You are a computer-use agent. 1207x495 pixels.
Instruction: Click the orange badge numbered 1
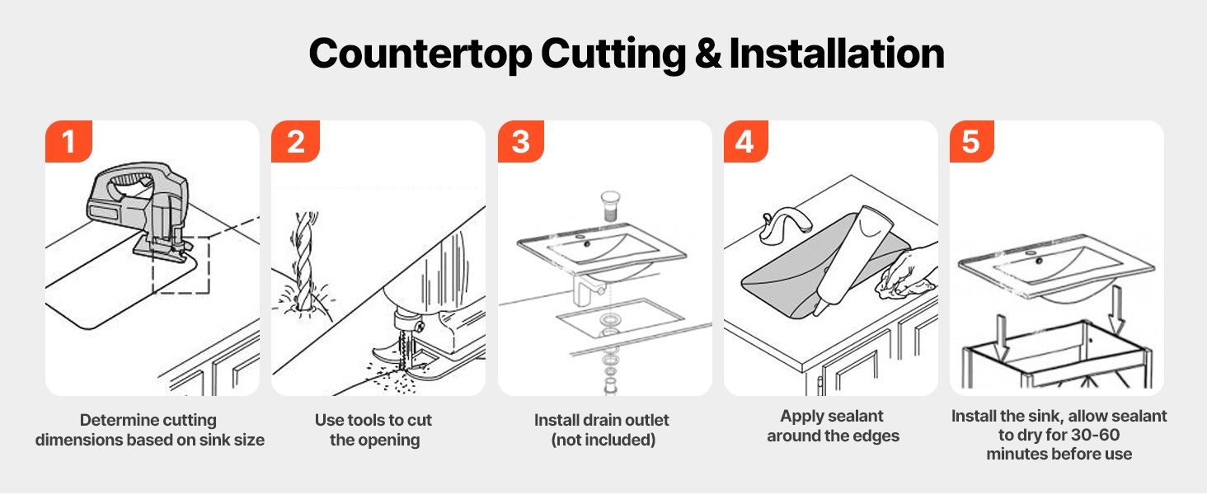(x=68, y=141)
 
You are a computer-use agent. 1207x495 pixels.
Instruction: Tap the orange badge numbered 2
(x=295, y=141)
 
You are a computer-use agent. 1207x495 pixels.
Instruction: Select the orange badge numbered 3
(x=521, y=141)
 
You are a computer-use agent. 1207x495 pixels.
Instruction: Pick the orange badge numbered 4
(x=746, y=141)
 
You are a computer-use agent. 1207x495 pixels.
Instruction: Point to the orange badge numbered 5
(x=971, y=141)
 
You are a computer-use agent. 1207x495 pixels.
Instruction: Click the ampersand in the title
(x=708, y=54)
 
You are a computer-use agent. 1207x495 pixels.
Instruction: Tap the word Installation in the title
(x=836, y=54)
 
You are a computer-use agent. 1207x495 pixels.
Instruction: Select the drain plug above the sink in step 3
(x=610, y=206)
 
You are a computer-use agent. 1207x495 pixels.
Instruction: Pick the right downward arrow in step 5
(x=1116, y=310)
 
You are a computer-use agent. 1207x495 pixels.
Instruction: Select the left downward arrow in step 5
(x=1001, y=337)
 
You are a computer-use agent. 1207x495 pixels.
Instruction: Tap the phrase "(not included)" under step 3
(x=603, y=440)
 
